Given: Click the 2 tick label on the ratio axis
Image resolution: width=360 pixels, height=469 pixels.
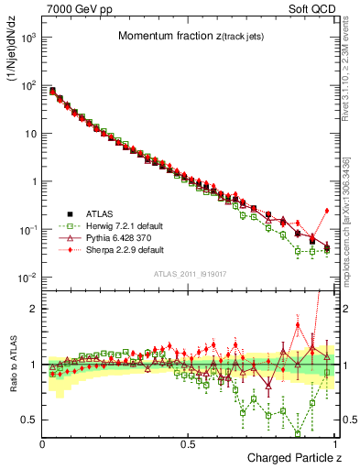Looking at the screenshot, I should click(x=33, y=309).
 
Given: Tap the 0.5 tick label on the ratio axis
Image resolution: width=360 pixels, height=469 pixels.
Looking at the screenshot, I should click(x=29, y=420).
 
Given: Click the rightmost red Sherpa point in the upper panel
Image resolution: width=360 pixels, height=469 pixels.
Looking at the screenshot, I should click(x=327, y=210).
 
